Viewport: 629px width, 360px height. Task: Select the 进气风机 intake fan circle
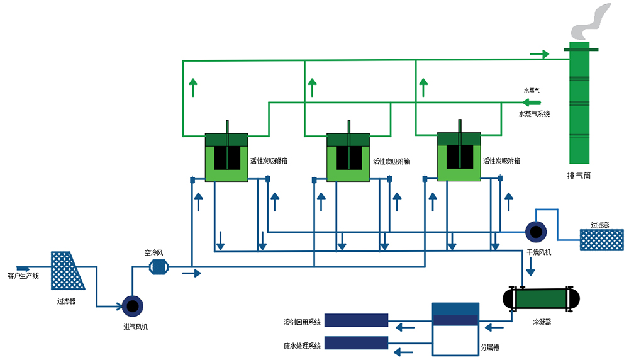click(x=133, y=306)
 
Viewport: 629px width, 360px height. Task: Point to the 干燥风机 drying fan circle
click(x=536, y=232)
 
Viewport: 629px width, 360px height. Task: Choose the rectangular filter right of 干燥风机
click(x=602, y=240)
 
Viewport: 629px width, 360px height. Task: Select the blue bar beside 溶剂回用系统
click(x=355, y=320)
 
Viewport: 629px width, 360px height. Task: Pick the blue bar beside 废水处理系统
click(x=355, y=343)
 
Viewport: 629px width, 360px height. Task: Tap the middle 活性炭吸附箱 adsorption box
click(x=348, y=157)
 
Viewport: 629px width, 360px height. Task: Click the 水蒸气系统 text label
click(x=535, y=114)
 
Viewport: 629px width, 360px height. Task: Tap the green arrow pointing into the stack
click(x=539, y=55)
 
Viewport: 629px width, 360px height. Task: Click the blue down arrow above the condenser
click(x=530, y=269)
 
